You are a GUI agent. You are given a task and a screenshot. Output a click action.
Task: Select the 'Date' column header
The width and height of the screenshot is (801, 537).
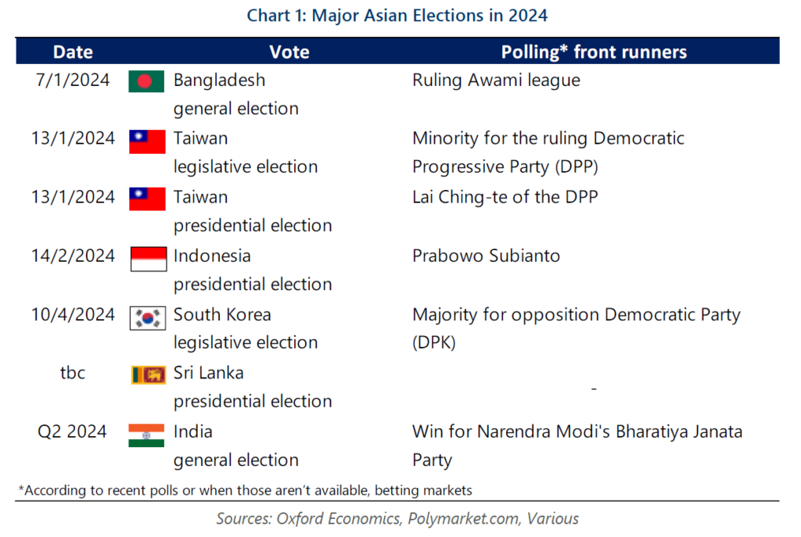point(73,52)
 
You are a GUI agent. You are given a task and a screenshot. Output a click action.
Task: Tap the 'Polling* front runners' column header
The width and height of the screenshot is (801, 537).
point(594,52)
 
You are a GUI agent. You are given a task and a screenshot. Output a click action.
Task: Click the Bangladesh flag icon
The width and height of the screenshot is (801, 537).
point(146,81)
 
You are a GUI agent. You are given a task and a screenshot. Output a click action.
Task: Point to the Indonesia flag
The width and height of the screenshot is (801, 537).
point(148,259)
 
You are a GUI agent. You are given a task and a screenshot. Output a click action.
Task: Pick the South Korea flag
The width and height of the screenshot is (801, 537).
point(148,318)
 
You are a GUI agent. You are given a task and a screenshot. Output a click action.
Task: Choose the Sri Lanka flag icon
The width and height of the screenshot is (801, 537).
point(148,374)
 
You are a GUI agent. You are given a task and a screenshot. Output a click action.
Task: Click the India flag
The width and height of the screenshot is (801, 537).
point(146,435)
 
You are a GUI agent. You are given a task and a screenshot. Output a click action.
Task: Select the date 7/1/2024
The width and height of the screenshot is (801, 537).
point(73,81)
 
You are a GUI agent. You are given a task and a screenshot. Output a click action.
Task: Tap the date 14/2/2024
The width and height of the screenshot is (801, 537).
point(73,256)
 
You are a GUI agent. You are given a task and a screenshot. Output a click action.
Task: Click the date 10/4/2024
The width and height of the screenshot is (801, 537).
point(73,314)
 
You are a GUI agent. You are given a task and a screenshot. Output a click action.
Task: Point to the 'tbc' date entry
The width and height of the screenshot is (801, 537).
point(73,373)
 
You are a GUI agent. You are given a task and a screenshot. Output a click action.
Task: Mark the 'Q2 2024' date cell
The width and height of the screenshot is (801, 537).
point(72,431)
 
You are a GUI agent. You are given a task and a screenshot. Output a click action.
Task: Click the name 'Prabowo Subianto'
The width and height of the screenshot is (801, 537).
point(486,256)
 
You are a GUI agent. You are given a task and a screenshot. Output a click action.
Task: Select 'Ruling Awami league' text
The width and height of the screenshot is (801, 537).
point(496,81)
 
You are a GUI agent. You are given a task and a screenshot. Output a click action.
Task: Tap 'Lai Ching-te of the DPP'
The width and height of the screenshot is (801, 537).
point(505,197)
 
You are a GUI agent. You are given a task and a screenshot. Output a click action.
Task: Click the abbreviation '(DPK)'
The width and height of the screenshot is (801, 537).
point(433,342)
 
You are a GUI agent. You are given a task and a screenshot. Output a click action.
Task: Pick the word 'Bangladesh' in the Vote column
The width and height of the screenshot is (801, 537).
point(219,81)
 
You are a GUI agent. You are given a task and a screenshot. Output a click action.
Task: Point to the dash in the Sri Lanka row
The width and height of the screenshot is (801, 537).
point(594,389)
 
